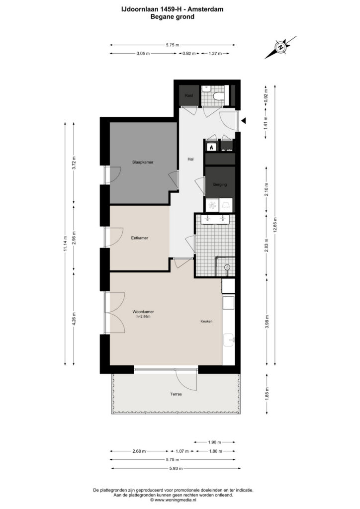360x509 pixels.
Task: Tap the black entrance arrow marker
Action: pyautogui.click(x=244, y=121)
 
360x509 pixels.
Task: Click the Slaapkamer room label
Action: pyautogui.click(x=143, y=162)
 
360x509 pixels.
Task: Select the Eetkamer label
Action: pyautogui.click(x=140, y=238)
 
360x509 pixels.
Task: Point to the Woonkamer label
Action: pyautogui.click(x=143, y=312)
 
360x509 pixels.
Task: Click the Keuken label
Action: pyautogui.click(x=206, y=322)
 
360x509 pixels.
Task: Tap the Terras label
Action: pyautogui.click(x=176, y=394)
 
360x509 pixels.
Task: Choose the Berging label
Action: pyautogui.click(x=220, y=184)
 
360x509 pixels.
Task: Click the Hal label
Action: pyautogui.click(x=190, y=159)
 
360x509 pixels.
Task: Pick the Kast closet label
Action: pyautogui.click(x=189, y=95)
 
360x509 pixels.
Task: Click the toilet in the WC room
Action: pyautogui.click(x=218, y=96)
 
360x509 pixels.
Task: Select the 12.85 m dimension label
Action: pyautogui.click(x=275, y=225)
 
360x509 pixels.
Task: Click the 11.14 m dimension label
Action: pyautogui.click(x=65, y=244)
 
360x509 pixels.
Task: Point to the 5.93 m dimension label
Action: pyautogui.click(x=176, y=468)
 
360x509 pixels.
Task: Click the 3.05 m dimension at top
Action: pyautogui.click(x=143, y=54)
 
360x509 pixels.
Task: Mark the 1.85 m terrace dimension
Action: pyautogui.click(x=267, y=394)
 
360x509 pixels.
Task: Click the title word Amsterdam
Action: pyautogui.click(x=209, y=9)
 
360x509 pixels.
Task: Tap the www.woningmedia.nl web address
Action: pyautogui.click(x=176, y=500)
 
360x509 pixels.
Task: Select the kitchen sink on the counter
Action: pyautogui.click(x=229, y=340)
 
